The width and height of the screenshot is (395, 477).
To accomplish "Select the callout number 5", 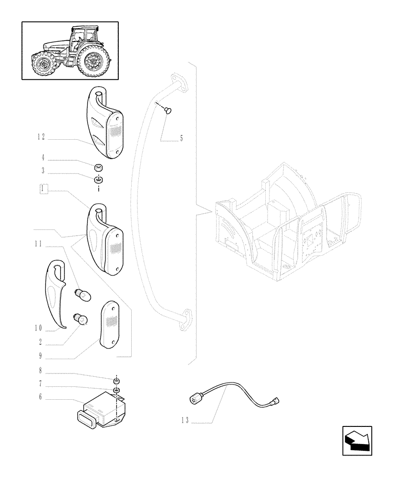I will tap(181, 139).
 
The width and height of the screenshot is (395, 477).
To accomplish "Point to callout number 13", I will tap(185, 420).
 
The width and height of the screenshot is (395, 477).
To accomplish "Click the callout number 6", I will tap(41, 396).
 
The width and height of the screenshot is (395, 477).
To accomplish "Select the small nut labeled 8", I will tap(115, 380).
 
